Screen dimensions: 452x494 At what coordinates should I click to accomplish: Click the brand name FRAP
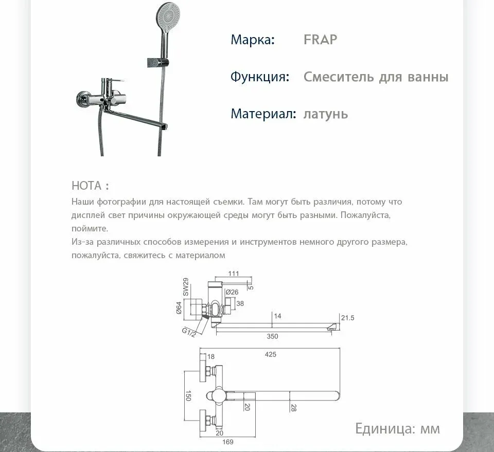coord(320,40)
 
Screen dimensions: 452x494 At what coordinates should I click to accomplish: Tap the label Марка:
coord(253,40)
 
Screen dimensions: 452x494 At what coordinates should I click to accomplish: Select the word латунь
coord(325,114)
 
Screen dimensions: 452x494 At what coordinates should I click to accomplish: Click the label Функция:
coord(259,77)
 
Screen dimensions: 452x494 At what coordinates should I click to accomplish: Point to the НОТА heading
coord(90,186)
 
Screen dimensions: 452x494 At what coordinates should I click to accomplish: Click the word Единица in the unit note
coord(385,428)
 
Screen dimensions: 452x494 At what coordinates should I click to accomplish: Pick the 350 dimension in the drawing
coord(272,336)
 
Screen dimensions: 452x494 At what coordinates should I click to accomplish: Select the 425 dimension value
coord(271,354)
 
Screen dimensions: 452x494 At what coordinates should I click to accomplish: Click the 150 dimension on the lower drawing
coord(188,395)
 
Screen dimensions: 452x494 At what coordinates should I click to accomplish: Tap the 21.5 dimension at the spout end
coord(348,318)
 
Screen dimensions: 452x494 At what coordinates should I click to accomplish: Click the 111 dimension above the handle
coord(234,274)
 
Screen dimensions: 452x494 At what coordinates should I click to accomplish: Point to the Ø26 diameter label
coord(232,292)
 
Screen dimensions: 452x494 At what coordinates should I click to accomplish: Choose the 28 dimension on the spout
coord(294,407)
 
